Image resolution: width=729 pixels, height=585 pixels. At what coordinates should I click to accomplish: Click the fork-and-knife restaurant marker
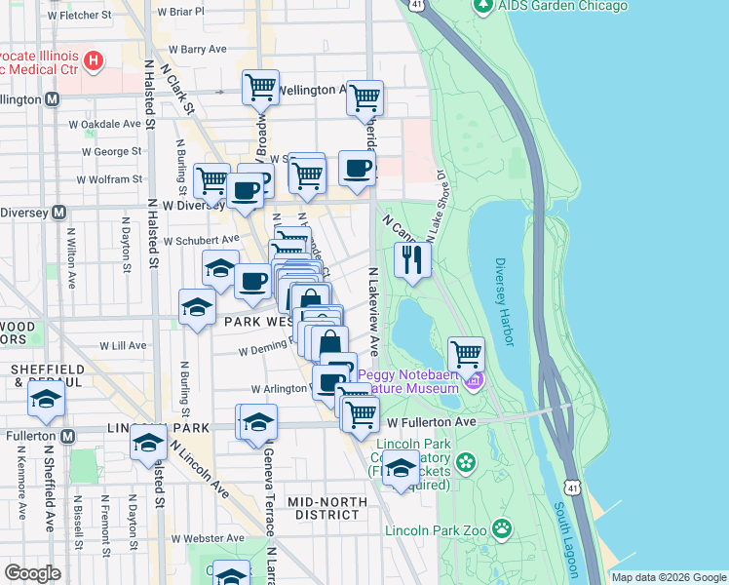[412, 259]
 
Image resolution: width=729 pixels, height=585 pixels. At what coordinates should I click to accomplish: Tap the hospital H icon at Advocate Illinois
[94, 62]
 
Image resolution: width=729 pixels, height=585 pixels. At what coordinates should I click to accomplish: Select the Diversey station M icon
[58, 212]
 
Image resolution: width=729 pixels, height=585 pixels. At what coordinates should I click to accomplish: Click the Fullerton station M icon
[66, 435]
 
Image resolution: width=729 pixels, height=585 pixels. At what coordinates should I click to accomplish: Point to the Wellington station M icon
[52, 99]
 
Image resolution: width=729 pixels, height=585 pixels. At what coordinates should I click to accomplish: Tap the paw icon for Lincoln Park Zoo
[501, 529]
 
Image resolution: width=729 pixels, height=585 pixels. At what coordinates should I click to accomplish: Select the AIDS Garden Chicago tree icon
[481, 6]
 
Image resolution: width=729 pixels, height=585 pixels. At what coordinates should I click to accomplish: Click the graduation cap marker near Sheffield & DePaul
[46, 400]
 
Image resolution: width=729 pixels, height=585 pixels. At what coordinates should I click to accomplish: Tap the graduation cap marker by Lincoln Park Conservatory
[401, 469]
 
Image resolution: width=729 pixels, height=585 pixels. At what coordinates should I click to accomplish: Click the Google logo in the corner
[32, 573]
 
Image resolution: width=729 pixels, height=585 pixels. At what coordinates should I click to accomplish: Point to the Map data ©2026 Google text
[669, 577]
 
